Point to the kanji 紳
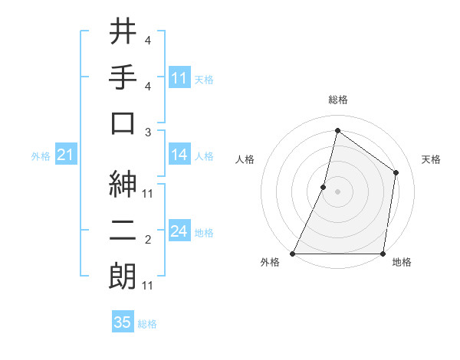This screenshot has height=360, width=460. pyautogui.click(x=123, y=182)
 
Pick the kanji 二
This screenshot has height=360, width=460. pyautogui.click(x=123, y=227)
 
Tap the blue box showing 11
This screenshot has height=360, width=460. pyautogui.click(x=179, y=78)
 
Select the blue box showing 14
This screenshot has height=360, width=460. pyautogui.click(x=179, y=155)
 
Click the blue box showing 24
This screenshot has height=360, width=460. pyautogui.click(x=179, y=231)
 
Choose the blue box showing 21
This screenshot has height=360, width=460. pyautogui.click(x=65, y=155)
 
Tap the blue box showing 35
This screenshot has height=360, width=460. pyautogui.click(x=123, y=322)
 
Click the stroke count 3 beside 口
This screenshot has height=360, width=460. pyautogui.click(x=148, y=131)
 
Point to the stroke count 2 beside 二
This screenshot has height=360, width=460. pyautogui.click(x=148, y=240)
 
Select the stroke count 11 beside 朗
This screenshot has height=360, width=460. pyautogui.click(x=148, y=286)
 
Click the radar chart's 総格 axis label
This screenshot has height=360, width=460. pyautogui.click(x=338, y=100)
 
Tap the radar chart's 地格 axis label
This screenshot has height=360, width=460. pyautogui.click(x=402, y=262)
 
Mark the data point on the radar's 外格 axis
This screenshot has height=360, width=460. pyautogui.click(x=293, y=254)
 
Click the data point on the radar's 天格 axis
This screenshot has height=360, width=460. pyautogui.click(x=396, y=172)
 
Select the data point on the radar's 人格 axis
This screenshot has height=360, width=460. pyautogui.click(x=324, y=187)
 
